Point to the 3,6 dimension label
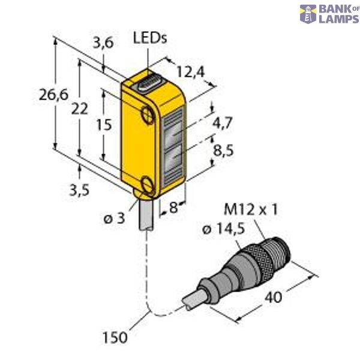tap(104, 43)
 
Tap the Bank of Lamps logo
tap(329, 13)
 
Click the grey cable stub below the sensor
tap(148, 216)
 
